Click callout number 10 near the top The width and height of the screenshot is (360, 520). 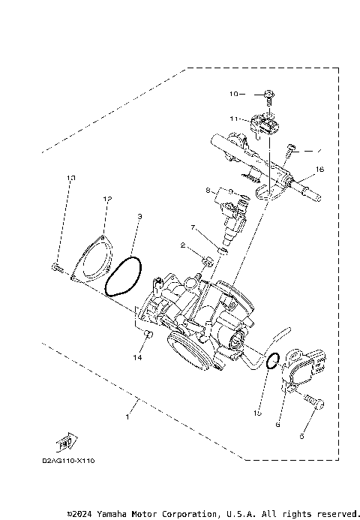coord(232,95)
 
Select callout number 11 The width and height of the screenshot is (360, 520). coord(234,119)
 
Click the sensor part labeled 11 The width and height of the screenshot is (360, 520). coord(265,122)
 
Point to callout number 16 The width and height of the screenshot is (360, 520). coord(319,170)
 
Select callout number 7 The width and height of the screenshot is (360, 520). coord(193,227)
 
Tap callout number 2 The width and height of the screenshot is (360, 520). coord(182,245)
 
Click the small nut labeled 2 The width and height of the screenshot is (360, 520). coord(209,260)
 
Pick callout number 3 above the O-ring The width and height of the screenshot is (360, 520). coord(139,217)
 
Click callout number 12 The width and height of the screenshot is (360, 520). coord(107,199)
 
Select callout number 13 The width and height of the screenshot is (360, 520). coord(72,178)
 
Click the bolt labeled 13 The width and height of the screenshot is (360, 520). coord(57,266)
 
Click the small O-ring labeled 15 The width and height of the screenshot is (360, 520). coord(274,361)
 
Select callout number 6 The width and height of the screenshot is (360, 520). coord(278,424)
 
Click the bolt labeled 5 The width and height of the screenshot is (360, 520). coord(316,404)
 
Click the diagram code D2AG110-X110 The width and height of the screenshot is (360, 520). coord(67,460)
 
